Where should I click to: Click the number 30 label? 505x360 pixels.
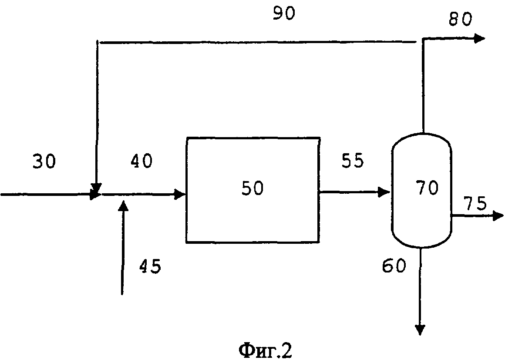pyautogui.click(x=44, y=162)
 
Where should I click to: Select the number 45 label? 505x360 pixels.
pyautogui.click(x=150, y=266)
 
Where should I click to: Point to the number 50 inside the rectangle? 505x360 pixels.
pyautogui.click(x=252, y=189)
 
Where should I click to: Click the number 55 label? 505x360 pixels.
pyautogui.click(x=352, y=161)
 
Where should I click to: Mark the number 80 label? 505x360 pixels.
pyautogui.click(x=460, y=20)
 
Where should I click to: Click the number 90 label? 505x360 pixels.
pyautogui.click(x=283, y=13)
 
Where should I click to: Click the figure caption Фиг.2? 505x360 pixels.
pyautogui.click(x=265, y=350)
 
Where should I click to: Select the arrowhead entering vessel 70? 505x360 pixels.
pyautogui.click(x=385, y=191)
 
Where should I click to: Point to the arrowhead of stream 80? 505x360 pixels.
pyautogui.click(x=480, y=38)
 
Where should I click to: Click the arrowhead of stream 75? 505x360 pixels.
pyautogui.click(x=498, y=215)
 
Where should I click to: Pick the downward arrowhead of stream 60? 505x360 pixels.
pyautogui.click(x=420, y=330)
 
